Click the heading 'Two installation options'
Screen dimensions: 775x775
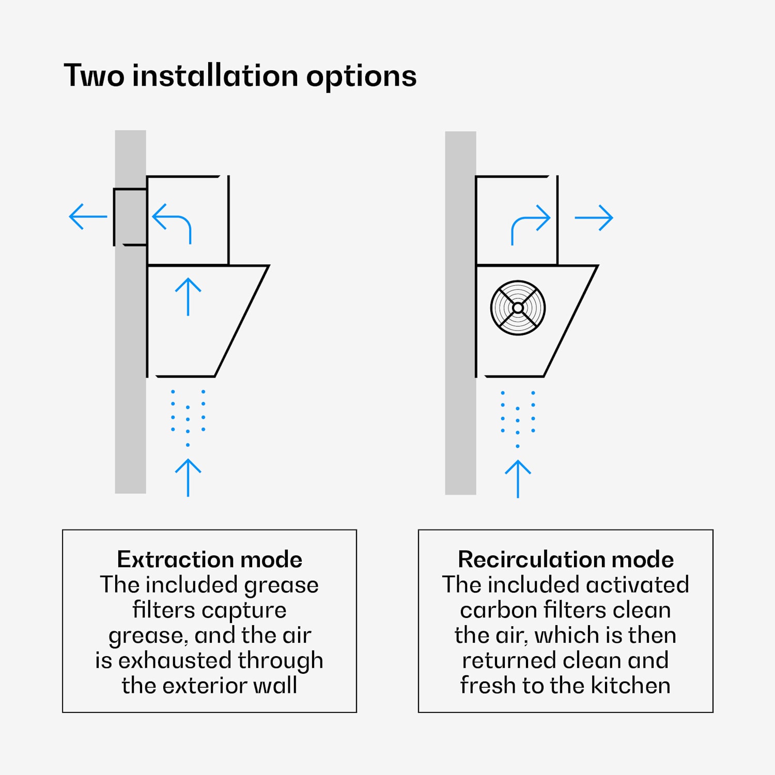[240, 76]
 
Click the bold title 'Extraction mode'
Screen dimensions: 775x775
[209, 559]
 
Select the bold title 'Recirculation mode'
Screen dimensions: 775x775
[566, 559]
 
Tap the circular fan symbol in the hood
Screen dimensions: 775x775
[518, 308]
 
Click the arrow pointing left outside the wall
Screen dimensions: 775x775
[88, 216]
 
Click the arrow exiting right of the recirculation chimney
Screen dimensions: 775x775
[594, 218]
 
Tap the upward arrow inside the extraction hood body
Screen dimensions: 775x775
[188, 297]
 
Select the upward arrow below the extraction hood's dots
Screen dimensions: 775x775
[188, 477]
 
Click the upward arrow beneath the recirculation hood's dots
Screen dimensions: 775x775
[518, 479]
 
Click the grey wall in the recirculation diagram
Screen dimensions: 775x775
[460, 313]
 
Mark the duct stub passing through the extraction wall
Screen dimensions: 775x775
[130, 217]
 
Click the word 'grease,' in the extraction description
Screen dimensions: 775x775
[148, 636]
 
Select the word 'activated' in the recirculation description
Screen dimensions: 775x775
[638, 585]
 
